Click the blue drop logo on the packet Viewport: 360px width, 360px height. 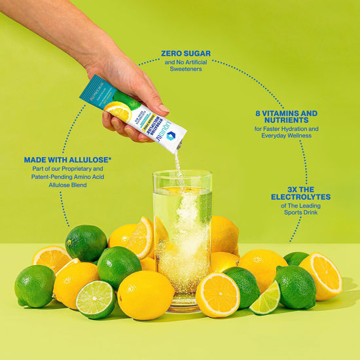coord(171,134)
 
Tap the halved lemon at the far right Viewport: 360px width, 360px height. coord(321,276)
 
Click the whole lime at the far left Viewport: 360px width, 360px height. coord(34,285)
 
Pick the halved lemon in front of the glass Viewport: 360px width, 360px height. coord(217,294)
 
